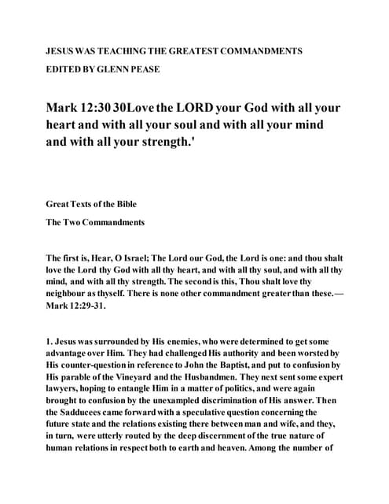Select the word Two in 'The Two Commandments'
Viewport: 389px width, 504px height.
[x=73, y=222]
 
